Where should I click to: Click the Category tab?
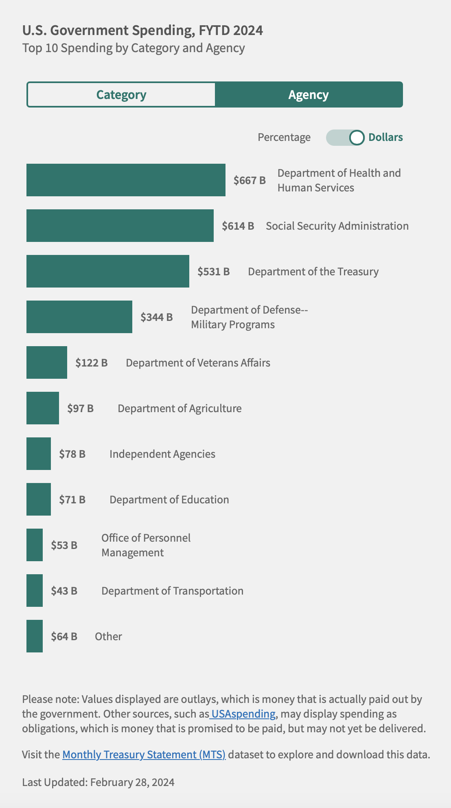pos(121,95)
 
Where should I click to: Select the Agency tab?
pos(309,95)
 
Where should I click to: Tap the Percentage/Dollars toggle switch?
pos(345,138)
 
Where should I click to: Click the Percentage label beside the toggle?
pos(284,138)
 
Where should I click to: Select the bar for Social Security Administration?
pos(120,226)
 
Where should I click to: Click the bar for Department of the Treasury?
pos(107,271)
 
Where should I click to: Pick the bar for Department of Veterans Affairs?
pos(46,362)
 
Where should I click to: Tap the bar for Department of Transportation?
pos(35,591)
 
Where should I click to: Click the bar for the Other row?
pos(35,636)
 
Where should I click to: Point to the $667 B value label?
pos(250,180)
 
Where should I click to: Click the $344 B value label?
pos(157,317)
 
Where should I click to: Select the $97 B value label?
pos(81,408)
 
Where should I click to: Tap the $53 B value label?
pos(64,545)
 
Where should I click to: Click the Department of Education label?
pos(169,500)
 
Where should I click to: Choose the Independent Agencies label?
pos(162,454)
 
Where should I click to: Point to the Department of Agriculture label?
pos(180,408)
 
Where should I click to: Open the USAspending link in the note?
pos(243,714)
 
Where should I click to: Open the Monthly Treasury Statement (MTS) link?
pos(144,755)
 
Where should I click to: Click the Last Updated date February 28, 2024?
pos(132,782)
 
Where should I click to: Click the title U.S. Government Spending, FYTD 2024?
pos(142,31)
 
